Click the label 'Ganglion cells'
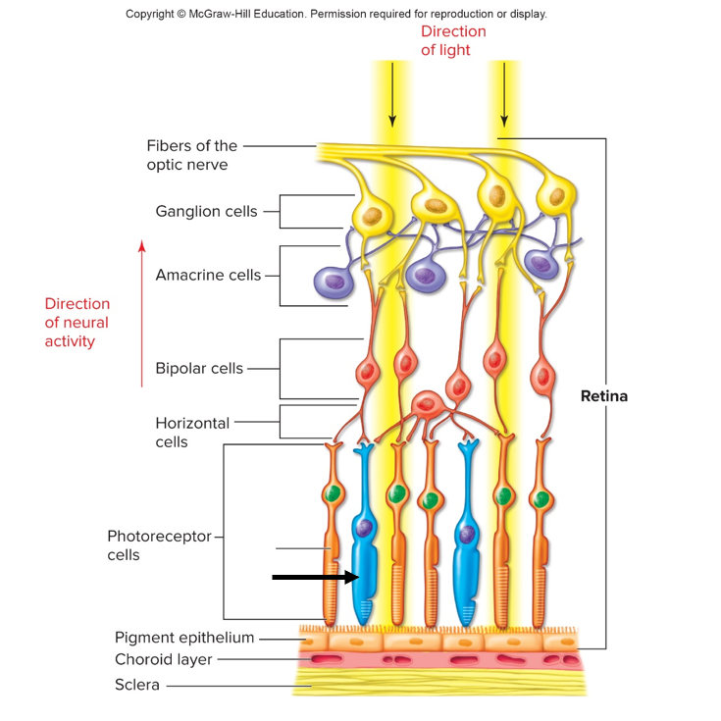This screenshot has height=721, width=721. [206, 211]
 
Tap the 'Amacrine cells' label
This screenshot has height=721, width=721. [208, 275]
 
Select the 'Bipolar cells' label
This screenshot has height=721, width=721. [199, 369]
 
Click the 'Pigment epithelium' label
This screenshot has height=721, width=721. [184, 638]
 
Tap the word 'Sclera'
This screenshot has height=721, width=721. [137, 685]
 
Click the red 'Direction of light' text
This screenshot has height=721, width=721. [453, 40]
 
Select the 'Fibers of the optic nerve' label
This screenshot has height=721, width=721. [192, 155]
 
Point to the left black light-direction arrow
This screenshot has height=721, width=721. [392, 94]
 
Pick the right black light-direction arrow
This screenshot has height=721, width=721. [504, 94]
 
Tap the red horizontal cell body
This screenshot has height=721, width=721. [427, 403]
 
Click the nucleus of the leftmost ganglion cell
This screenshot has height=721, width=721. [370, 215]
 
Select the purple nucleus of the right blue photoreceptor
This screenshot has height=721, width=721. [467, 534]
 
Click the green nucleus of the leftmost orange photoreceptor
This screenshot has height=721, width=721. [335, 493]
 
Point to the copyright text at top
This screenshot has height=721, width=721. [336, 14]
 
